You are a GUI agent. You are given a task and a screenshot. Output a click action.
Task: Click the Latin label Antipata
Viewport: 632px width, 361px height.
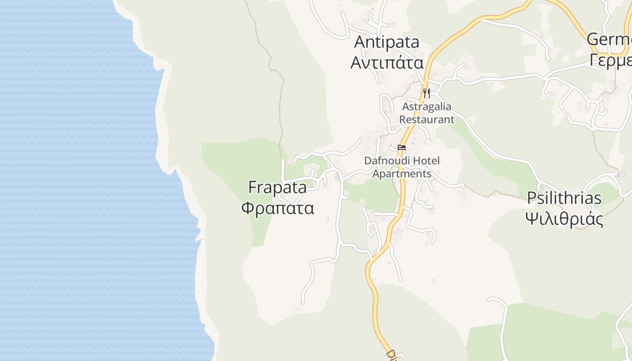pos(387,42)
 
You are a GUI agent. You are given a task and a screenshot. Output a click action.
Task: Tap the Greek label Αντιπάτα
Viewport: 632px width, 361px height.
pos(387,62)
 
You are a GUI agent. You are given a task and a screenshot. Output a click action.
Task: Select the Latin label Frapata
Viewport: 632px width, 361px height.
pos(277,187)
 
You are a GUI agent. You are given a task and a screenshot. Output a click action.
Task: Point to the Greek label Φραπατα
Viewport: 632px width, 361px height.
pos(277,208)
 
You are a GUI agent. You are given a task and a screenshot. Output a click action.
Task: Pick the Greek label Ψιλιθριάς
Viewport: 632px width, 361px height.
pos(564,219)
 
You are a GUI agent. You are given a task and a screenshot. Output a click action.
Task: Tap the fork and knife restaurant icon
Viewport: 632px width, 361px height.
pos(426,93)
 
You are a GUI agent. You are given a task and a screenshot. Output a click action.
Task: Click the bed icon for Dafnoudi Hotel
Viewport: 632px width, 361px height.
pos(402,147)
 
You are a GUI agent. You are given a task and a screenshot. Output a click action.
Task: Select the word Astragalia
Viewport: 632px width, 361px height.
pos(427,107)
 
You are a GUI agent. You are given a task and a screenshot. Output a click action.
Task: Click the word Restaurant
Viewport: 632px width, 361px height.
pos(427,120)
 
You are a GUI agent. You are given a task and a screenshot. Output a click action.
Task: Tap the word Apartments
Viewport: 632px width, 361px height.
pos(402,174)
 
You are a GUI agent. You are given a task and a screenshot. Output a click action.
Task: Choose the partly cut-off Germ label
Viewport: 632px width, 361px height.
pos(609,39)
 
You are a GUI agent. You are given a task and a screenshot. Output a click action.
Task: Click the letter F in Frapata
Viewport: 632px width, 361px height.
pos(253,187)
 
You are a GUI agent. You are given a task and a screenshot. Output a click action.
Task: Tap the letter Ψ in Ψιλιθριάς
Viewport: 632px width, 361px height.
pos(533,219)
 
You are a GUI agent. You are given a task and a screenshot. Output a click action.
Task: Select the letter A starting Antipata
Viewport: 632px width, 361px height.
pos(360,42)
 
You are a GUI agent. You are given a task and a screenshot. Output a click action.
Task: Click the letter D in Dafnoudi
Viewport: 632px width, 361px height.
pos(368,161)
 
